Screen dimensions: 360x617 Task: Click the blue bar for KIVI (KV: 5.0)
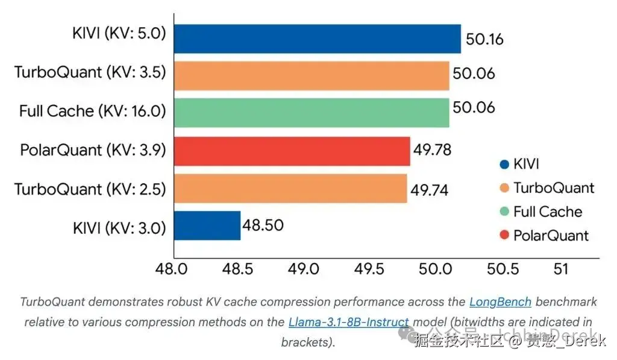pos(318,39)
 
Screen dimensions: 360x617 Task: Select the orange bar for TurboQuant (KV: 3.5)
pos(312,75)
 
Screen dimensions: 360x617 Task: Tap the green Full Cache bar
pos(312,112)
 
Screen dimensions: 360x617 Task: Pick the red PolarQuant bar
pos(292,150)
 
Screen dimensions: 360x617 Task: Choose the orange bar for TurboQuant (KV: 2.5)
pos(290,188)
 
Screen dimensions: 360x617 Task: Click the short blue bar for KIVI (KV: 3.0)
pos(207,225)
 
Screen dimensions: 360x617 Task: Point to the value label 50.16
pos(484,40)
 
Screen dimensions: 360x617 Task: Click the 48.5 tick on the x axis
pos(239,269)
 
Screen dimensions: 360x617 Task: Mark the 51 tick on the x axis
pos(561,269)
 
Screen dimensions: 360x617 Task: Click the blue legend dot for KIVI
pos(504,164)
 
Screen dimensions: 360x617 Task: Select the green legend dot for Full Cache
pos(504,212)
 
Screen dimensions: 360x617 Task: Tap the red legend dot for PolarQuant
pos(504,235)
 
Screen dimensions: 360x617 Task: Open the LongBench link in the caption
pos(500,302)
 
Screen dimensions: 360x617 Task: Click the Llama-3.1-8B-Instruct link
pos(349,322)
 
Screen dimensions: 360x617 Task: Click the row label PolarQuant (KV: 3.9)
pos(93,150)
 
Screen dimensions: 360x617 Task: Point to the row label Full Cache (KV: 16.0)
pos(92,112)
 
